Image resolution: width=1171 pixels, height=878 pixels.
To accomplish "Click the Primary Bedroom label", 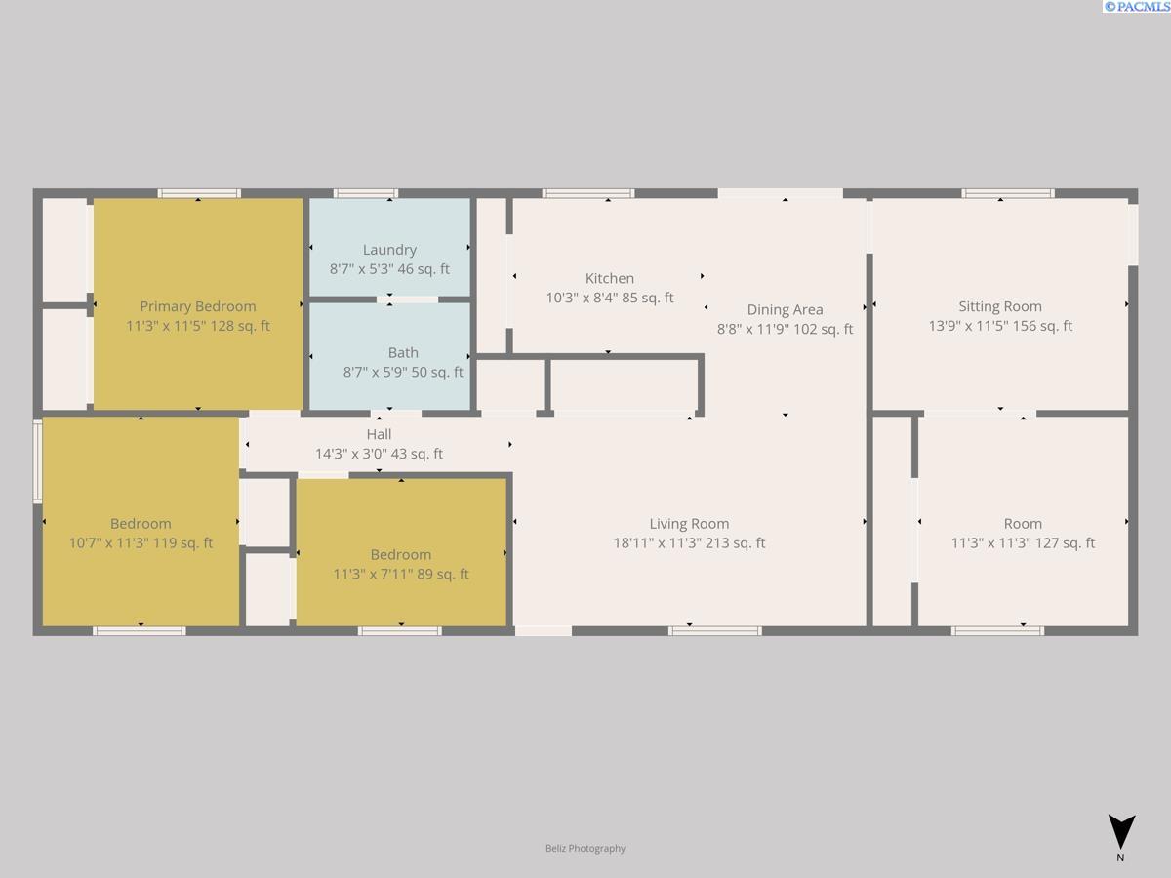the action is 198,306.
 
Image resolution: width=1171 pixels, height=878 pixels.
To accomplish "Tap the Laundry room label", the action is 389,250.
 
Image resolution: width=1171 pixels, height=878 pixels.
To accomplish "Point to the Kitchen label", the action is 609,278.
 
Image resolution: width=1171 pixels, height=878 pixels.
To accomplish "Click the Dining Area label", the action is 785,309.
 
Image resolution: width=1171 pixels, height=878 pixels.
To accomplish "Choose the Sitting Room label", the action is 1000,306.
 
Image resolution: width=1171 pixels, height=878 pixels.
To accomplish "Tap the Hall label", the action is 379,434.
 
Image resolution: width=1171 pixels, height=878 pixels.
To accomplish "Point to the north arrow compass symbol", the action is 1121,832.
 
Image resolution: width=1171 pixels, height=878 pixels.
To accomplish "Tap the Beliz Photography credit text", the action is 585,848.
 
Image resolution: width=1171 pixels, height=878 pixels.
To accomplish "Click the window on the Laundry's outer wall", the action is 366,193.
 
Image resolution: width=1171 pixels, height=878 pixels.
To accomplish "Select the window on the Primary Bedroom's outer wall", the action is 199,193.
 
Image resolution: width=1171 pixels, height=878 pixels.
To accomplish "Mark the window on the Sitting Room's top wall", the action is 1008,193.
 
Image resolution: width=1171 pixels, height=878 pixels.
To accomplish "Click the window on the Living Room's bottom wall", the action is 715,631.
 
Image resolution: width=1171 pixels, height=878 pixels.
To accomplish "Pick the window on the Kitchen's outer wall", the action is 588,193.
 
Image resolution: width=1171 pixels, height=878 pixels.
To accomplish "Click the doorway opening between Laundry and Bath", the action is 407,299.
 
